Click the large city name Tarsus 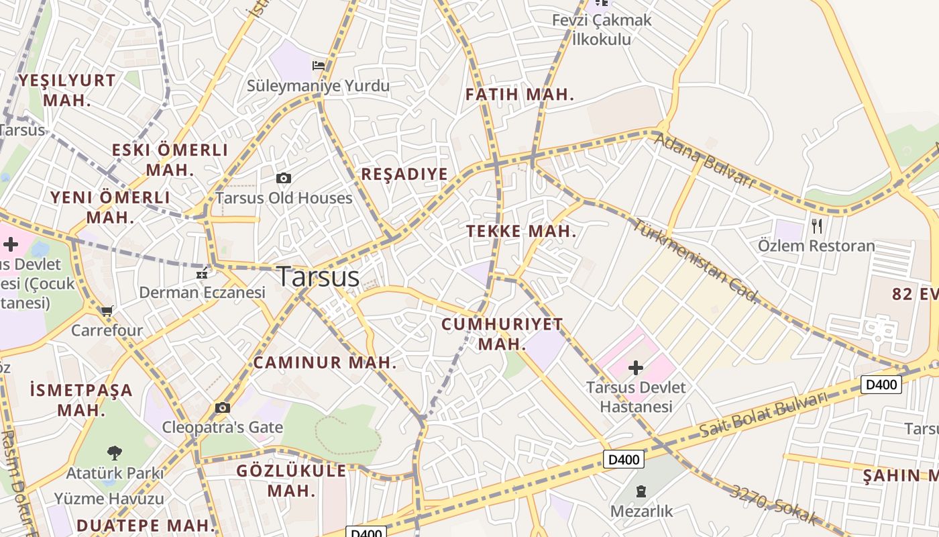click(x=318, y=276)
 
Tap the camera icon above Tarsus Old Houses click(x=284, y=178)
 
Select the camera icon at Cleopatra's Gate click(x=223, y=407)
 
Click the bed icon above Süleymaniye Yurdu click(x=319, y=65)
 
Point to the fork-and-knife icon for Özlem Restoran click(x=816, y=226)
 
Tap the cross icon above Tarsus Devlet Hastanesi click(x=635, y=367)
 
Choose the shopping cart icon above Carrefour click(x=107, y=311)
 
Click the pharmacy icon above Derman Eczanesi click(x=201, y=273)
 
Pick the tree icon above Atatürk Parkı click(x=115, y=452)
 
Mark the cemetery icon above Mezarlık click(x=641, y=491)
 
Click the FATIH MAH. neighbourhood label click(x=520, y=95)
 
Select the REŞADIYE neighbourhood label click(x=404, y=175)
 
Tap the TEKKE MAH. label click(x=521, y=232)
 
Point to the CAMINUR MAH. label click(x=325, y=363)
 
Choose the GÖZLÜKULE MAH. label click(x=292, y=480)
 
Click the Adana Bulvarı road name click(x=704, y=160)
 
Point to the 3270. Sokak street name click(x=774, y=505)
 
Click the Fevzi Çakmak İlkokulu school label click(x=602, y=30)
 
